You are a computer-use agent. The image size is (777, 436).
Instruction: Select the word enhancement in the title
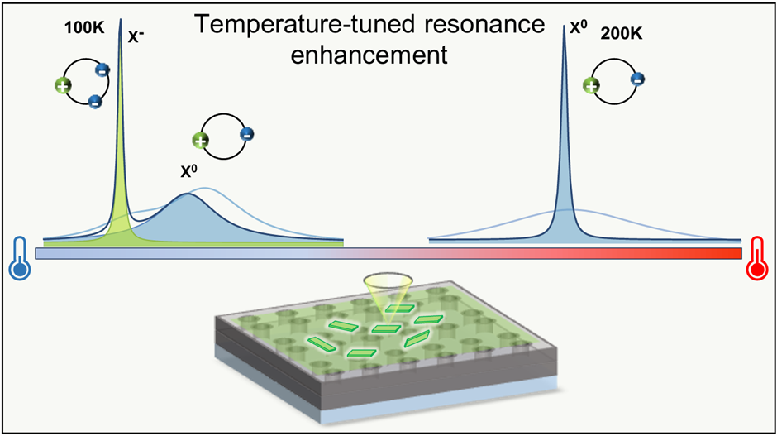click(387, 56)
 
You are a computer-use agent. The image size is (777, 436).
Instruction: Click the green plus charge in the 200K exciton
click(591, 84)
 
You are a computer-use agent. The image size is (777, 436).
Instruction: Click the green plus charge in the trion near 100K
click(61, 84)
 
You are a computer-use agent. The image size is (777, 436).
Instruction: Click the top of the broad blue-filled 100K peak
click(188, 196)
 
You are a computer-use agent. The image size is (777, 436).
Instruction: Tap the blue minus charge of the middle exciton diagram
click(246, 132)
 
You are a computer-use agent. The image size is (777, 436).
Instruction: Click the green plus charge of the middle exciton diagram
click(199, 141)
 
